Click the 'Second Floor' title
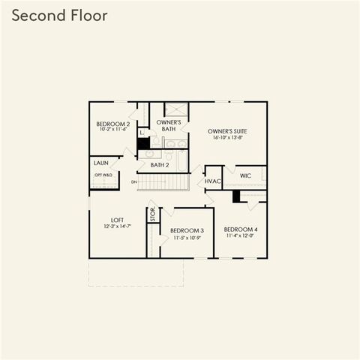[x=59, y=15]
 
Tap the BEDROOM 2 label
[x=113, y=124]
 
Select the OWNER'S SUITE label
[x=228, y=131]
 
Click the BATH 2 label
[x=159, y=164]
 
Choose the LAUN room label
[x=101, y=162]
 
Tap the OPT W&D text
[x=103, y=175]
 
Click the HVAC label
[x=213, y=181]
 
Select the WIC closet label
[x=245, y=175]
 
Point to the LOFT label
[x=117, y=220]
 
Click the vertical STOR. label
[x=151, y=214]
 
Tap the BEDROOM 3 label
[x=187, y=230]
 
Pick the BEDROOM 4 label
[x=241, y=229]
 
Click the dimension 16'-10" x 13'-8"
[x=228, y=138]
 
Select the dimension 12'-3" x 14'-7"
[x=117, y=226]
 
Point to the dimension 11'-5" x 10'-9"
[x=187, y=237]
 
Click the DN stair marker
[x=133, y=181]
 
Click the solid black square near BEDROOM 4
[x=236, y=196]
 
